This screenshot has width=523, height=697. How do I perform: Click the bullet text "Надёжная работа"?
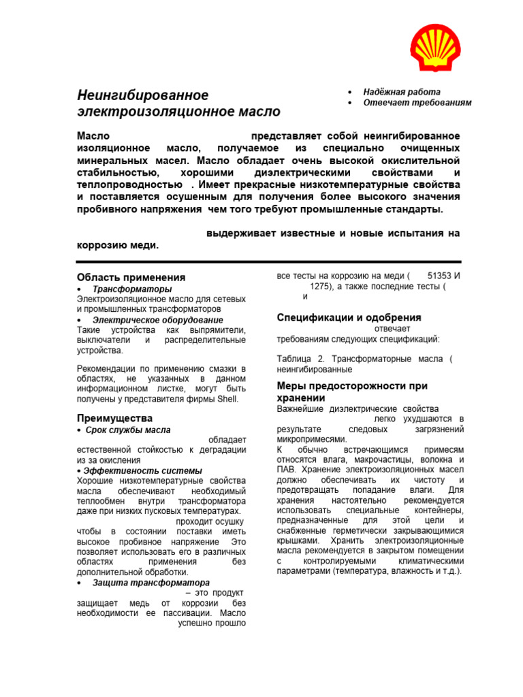pyautogui.click(x=401, y=92)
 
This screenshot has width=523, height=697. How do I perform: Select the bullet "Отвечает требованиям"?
pyautogui.click(x=417, y=103)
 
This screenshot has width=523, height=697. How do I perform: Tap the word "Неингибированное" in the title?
pyautogui.click(x=142, y=95)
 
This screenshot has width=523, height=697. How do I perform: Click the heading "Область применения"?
pyautogui.click(x=131, y=278)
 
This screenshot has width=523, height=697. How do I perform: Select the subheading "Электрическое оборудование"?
pyautogui.click(x=157, y=320)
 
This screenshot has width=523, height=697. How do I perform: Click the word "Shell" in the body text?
pyautogui.click(x=227, y=400)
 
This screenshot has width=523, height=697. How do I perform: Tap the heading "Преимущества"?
pyautogui.click(x=114, y=418)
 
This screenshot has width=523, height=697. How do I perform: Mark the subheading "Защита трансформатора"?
pyautogui.click(x=150, y=583)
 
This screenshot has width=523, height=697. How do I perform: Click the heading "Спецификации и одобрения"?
pyautogui.click(x=349, y=318)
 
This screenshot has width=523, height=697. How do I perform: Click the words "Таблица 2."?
pyautogui.click(x=299, y=359)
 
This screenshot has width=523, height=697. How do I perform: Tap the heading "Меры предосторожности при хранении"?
pyautogui.click(x=352, y=391)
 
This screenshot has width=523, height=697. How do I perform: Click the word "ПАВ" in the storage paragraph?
pyautogui.click(x=286, y=470)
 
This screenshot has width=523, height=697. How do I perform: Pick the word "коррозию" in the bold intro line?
pyautogui.click(x=99, y=245)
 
